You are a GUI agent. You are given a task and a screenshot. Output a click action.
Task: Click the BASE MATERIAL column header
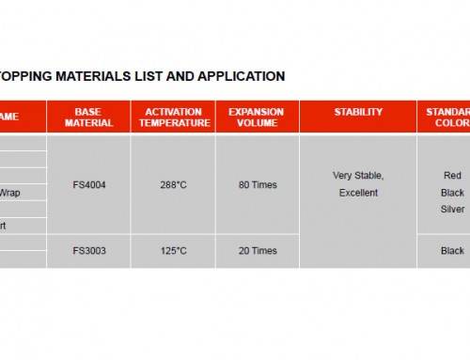coord(88,117)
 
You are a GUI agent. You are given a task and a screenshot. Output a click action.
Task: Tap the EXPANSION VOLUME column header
coord(257,117)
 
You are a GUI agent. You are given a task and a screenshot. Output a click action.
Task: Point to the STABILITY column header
coord(358,112)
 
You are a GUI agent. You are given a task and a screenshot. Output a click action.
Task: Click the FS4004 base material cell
coord(88,185)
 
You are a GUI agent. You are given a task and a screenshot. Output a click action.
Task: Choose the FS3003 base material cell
coord(88,251)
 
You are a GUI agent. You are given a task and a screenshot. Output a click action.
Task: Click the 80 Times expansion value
coord(257,185)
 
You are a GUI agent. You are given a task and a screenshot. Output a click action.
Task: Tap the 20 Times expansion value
coord(257,251)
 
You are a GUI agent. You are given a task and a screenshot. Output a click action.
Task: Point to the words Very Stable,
coord(358,176)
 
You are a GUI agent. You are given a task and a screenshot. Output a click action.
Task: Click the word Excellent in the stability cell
coord(358,193)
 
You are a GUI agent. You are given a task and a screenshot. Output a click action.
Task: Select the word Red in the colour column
coord(452,176)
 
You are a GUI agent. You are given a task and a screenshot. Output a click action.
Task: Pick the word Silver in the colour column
coord(452,209)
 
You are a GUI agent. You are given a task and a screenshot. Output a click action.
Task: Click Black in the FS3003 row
coord(452,251)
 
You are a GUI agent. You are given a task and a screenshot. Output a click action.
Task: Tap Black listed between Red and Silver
coord(452,192)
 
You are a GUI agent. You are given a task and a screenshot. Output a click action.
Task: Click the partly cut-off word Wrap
coord(9,192)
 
